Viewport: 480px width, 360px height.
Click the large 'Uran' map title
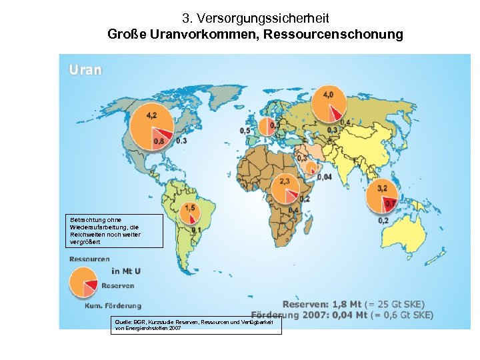point(85,69)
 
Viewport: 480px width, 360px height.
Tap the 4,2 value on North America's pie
point(151,115)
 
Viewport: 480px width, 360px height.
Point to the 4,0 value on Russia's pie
point(329,95)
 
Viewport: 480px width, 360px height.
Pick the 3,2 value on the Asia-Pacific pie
point(382,189)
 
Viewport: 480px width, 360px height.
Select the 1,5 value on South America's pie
point(190,209)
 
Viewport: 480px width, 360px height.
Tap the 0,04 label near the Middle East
point(325,177)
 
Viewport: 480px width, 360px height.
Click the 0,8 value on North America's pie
point(159,141)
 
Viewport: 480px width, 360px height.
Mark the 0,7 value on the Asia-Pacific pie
point(391,203)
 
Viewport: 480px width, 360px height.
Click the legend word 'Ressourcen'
point(89,259)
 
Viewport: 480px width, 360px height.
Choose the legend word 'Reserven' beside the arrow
point(117,285)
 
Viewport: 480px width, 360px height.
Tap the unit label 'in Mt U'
point(126,271)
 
